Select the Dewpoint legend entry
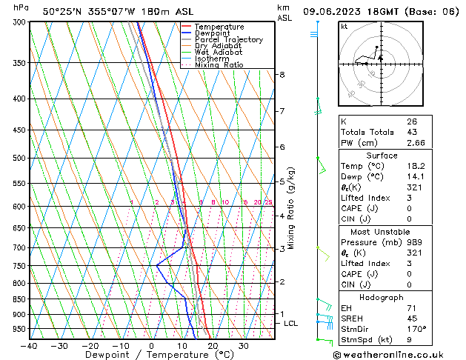tap(215, 33)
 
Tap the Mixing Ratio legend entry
tap(219, 65)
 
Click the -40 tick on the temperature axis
tap(29, 345)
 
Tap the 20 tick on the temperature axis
tap(213, 345)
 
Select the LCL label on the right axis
tap(291, 324)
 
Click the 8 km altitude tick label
tap(282, 75)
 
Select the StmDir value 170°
tap(416, 329)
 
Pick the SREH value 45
tap(412, 319)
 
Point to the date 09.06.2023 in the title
tap(342, 12)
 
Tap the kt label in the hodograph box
tap(344, 27)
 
